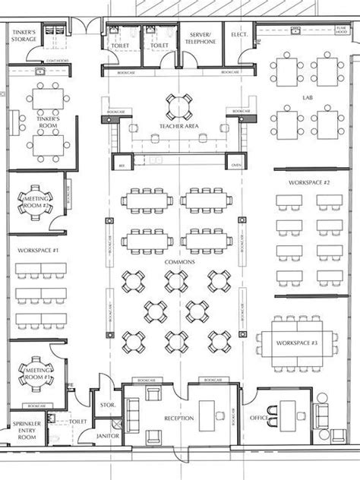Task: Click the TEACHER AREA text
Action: (x=179, y=126)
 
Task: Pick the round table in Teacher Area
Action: (x=179, y=106)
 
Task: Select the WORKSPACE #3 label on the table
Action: (x=297, y=344)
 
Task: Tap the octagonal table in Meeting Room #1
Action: (x=35, y=372)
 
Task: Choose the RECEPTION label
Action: (x=179, y=418)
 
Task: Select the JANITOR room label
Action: (x=107, y=437)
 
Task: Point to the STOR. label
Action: (x=107, y=406)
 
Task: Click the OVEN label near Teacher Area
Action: (x=235, y=165)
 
